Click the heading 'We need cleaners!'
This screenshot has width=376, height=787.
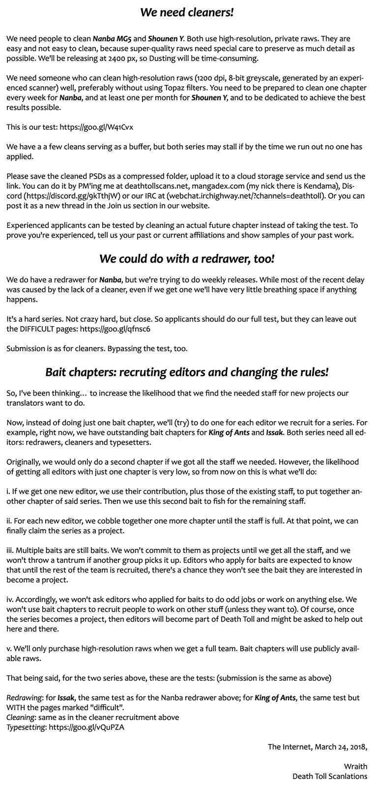point(187,12)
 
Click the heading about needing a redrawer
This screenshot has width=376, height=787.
point(187,259)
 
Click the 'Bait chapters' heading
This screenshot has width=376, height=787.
point(187,372)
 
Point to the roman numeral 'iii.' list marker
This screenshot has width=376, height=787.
point(11,550)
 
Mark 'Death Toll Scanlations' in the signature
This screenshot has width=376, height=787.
point(329,776)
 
